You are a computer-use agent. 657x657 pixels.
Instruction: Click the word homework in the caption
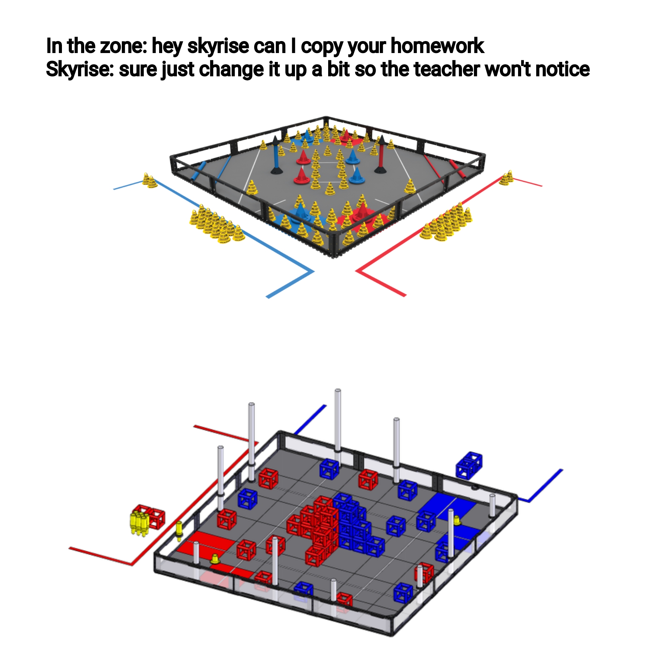pyautogui.click(x=437, y=46)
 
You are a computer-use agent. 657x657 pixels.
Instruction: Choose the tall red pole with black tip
pyautogui.click(x=380, y=154)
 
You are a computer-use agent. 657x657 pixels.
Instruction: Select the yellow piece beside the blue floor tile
pyautogui.click(x=457, y=521)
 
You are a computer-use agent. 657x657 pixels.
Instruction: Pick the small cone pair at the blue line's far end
pyautogui.click(x=150, y=180)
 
